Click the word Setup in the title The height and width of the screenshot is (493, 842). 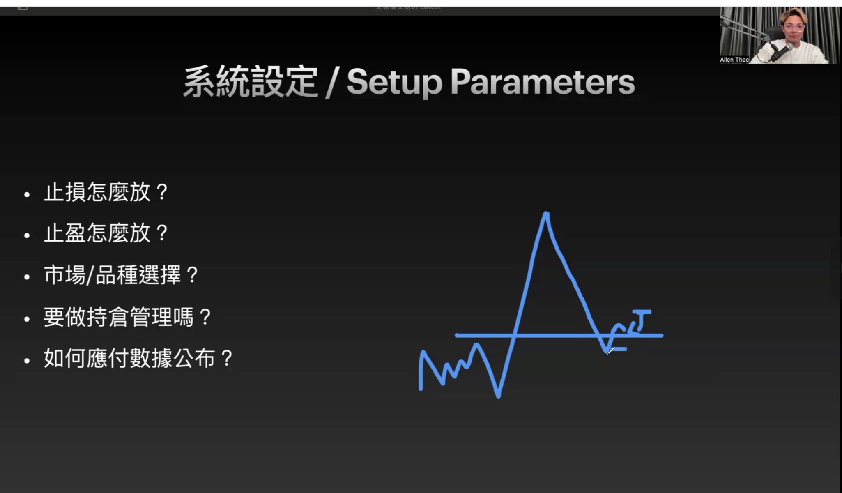click(x=394, y=82)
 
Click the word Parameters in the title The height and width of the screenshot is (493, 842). click(x=542, y=82)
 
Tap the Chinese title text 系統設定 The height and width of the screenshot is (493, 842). click(x=251, y=82)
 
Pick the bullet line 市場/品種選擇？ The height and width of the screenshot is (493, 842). click(x=121, y=275)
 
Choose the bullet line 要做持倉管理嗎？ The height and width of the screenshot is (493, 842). click(x=127, y=317)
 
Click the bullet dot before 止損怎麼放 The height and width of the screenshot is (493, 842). click(x=27, y=195)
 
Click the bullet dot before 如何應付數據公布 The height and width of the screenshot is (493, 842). click(x=27, y=361)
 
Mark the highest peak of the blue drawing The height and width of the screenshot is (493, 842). click(x=546, y=214)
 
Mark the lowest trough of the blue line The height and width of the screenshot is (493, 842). click(x=498, y=396)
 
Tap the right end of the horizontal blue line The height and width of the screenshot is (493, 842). click(x=661, y=336)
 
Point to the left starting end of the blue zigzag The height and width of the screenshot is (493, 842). click(x=421, y=388)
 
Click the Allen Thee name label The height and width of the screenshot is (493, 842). click(x=734, y=60)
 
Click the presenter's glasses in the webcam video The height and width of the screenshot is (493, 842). click(x=794, y=28)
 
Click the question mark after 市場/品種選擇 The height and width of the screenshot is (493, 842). click(x=192, y=275)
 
